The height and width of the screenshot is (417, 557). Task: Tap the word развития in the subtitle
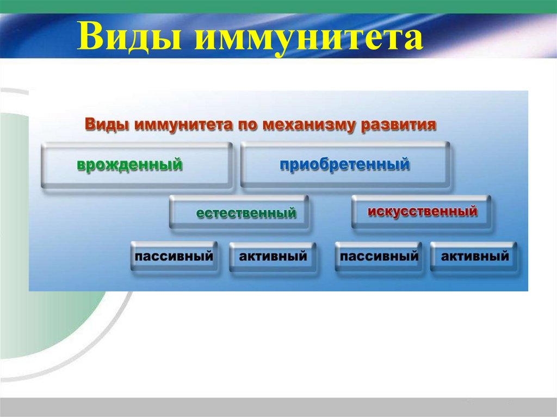click(397, 124)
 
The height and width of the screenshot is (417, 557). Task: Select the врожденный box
click(137, 165)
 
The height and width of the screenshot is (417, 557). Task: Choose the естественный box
click(240, 213)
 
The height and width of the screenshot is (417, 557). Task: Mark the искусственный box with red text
click(422, 211)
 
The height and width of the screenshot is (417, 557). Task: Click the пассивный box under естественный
click(174, 256)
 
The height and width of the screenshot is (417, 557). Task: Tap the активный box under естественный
click(273, 256)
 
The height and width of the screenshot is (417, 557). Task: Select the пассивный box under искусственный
click(379, 256)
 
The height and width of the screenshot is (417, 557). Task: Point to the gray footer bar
click(278, 407)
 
